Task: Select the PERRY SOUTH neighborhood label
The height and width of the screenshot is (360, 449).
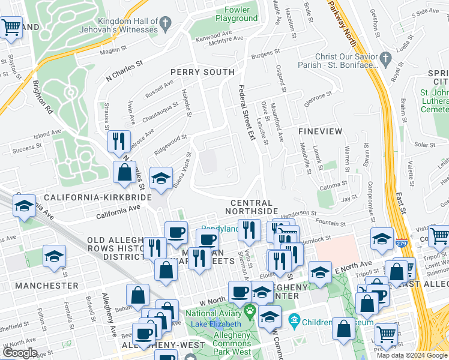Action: coord(202,72)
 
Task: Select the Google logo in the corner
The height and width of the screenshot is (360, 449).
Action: coord(20,353)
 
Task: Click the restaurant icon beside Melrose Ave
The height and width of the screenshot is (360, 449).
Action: coord(119,142)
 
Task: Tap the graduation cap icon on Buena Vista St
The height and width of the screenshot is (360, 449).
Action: coord(161,178)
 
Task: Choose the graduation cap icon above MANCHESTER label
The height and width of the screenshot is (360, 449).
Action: coord(54,256)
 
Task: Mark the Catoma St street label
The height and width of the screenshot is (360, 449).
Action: coord(334,185)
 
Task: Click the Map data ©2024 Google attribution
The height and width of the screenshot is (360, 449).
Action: coord(412,355)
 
